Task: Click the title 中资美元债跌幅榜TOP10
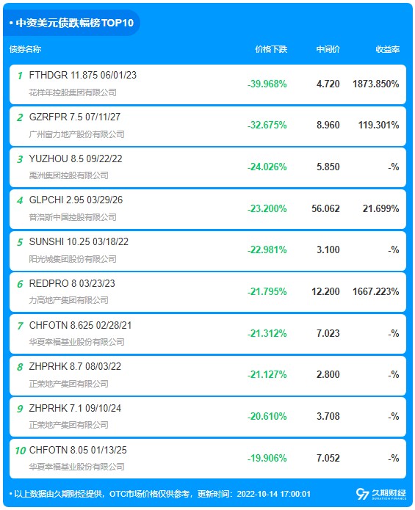point(74,23)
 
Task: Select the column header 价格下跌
point(271,49)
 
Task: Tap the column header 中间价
point(328,49)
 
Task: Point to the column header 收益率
point(387,49)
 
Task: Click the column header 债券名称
point(25,49)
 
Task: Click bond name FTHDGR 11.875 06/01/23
point(83,75)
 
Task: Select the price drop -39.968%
point(267,84)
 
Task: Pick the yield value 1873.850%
point(376,84)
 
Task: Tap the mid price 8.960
point(328,125)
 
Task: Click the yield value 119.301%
point(379,125)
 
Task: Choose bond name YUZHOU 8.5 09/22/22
point(76,159)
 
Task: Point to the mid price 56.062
point(325,208)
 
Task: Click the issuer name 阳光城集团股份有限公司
point(73,259)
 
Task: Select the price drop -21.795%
point(267,291)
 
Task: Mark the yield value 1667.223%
point(376,291)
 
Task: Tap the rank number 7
point(20,326)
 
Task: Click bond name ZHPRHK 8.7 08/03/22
point(75,367)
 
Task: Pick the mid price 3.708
point(328,416)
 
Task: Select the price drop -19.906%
point(267,459)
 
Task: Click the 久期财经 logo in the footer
point(380,494)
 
